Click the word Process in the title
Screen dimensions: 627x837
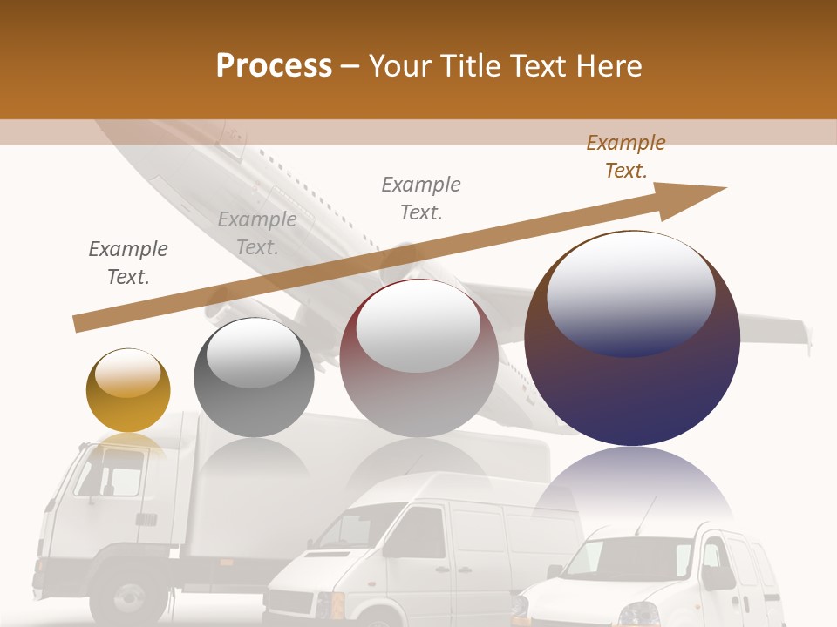click(x=274, y=65)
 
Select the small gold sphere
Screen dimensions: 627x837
click(x=128, y=390)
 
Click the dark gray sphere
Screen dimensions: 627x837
click(x=254, y=378)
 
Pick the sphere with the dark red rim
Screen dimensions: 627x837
click(x=418, y=358)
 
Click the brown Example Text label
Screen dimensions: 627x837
click(x=625, y=157)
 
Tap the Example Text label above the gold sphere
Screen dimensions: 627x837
click(x=128, y=262)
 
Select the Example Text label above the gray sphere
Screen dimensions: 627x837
click(x=257, y=233)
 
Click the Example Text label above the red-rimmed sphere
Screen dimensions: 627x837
click(x=421, y=198)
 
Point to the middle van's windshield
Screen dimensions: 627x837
click(x=349, y=528)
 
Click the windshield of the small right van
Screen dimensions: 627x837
click(x=628, y=557)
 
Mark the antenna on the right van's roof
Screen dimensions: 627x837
click(x=645, y=516)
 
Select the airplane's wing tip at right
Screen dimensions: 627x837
click(x=807, y=335)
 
